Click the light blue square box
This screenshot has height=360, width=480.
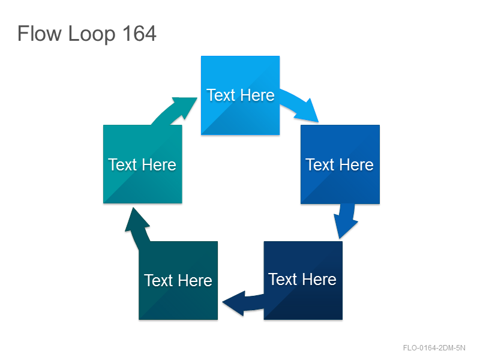coord(241,95)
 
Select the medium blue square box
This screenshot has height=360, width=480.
coord(340,164)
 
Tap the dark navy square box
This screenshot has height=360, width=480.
coord(303,280)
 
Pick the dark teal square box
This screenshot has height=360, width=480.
coord(178,280)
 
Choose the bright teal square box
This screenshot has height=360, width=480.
coord(143,164)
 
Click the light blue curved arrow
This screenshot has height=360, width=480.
coord(300,106)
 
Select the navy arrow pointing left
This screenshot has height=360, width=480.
coord(244,303)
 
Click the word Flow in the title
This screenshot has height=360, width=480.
coord(40,34)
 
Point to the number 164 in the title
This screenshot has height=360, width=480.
coord(139,34)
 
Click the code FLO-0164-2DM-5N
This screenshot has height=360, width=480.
coord(434,348)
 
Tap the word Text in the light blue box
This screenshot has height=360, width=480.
coord(221,95)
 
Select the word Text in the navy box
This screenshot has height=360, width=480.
coord(283,279)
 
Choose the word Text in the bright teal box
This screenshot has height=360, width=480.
coord(122,164)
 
